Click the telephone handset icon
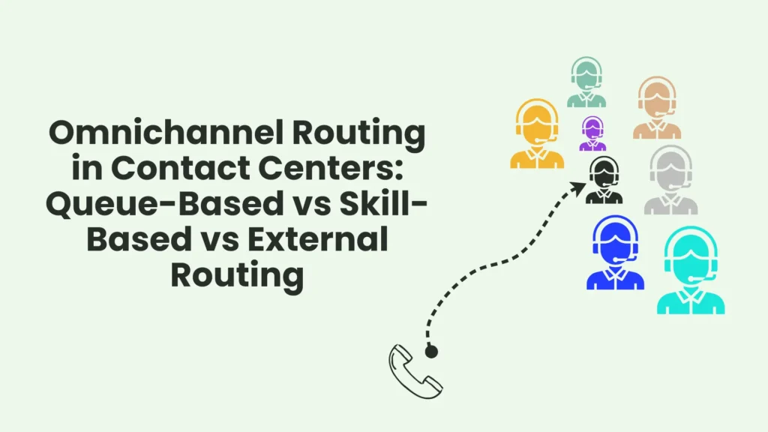click(x=415, y=370)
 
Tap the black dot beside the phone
click(x=430, y=350)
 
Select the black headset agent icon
click(x=604, y=181)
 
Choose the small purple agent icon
click(x=592, y=135)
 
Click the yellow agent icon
click(x=537, y=134)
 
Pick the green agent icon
click(x=586, y=82)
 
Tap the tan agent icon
click(x=657, y=108)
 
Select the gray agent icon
click(x=671, y=180)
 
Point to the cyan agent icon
click(x=691, y=270)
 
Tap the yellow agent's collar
click(x=537, y=154)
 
